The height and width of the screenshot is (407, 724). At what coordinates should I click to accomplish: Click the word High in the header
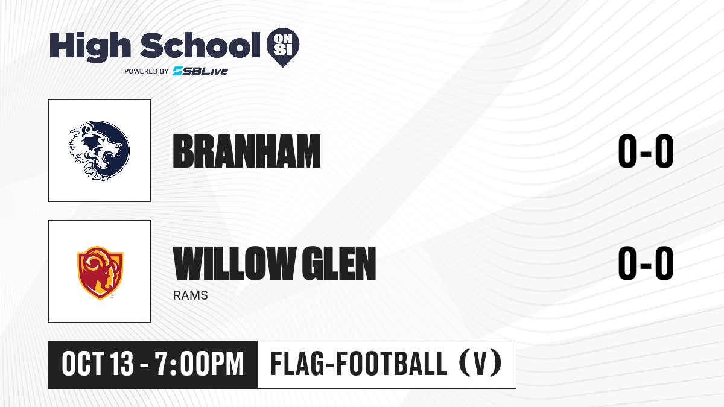coord(90,47)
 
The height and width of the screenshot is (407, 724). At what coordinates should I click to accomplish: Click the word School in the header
coord(200,45)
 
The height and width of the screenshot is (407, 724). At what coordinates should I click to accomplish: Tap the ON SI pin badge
coord(283,47)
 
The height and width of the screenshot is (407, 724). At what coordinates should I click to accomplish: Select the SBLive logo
coord(200,71)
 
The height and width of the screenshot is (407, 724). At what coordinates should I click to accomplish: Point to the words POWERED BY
coord(147,71)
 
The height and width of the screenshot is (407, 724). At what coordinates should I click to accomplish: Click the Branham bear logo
coord(100,150)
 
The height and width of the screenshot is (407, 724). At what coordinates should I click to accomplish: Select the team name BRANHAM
coord(247,151)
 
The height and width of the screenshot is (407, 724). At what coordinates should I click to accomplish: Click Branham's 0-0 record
coord(646,151)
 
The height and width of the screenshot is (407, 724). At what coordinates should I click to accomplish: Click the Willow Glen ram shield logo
coord(100,273)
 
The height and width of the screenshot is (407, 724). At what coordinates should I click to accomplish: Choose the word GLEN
coord(338,263)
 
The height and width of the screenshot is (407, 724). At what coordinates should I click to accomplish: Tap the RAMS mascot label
coord(191,295)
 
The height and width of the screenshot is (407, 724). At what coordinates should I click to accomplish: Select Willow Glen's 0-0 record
coord(646,263)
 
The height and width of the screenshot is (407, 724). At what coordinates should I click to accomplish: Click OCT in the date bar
coord(83,364)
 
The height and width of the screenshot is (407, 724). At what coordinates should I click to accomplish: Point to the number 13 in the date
coord(121,364)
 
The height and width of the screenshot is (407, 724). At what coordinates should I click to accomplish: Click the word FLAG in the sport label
coord(298,364)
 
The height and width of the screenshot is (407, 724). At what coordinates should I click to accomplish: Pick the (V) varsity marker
coord(481,364)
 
